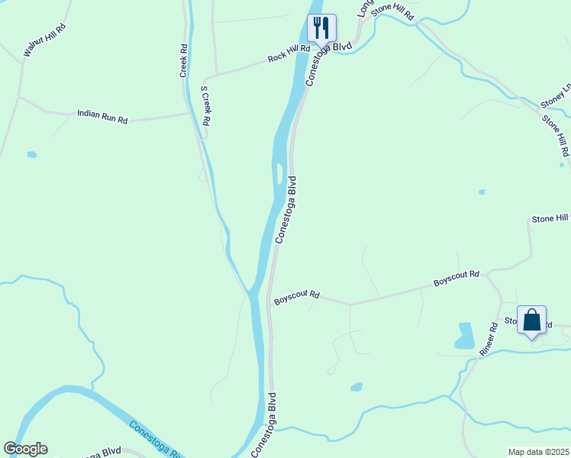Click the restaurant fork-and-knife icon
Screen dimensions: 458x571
pos(321,27)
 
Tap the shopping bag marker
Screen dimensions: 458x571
pos(531,321)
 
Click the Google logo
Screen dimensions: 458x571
pos(25,449)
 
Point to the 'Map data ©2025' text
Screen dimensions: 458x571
pos(539,452)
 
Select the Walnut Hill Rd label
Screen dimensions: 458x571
pos(45,40)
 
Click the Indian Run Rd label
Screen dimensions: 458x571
pos(102,117)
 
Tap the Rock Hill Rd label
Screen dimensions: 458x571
pos(289,53)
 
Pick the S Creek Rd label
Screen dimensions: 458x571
pos(205,105)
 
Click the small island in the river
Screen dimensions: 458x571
pos(279,174)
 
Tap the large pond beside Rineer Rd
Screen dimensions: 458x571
pos(464,336)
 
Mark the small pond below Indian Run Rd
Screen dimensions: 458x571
pos(31,155)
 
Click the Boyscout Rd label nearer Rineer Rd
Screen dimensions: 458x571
pos(456,279)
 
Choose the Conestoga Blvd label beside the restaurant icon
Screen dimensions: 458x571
pos(328,63)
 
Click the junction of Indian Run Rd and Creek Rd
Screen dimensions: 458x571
pos(187,114)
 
